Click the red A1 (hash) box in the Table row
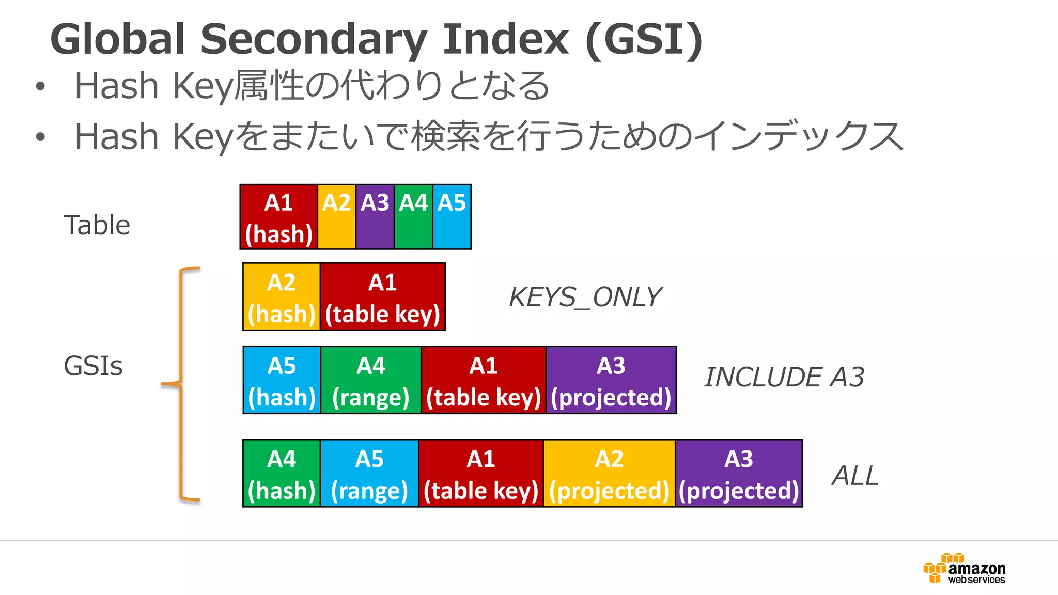pyautogui.click(x=279, y=217)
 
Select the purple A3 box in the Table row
pyautogui.click(x=375, y=217)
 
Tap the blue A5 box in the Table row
pyautogui.click(x=452, y=217)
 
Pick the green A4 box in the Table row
pyautogui.click(x=413, y=217)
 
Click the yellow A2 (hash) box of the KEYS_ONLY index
pyautogui.click(x=282, y=297)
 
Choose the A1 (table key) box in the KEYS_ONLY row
pyautogui.click(x=383, y=297)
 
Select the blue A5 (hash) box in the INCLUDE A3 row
pyautogui.click(x=282, y=381)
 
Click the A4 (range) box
pyautogui.click(x=371, y=381)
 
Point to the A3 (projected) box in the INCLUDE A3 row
pyautogui.click(x=611, y=381)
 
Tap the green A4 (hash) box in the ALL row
pyautogui.click(x=282, y=474)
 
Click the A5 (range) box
pyautogui.click(x=369, y=474)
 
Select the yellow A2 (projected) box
pyautogui.click(x=610, y=474)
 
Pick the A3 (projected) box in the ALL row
pyautogui.click(x=739, y=474)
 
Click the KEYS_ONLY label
pyautogui.click(x=585, y=297)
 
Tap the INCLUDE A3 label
pyautogui.click(x=784, y=377)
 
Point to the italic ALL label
pyautogui.click(x=855, y=476)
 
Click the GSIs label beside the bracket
pyautogui.click(x=93, y=366)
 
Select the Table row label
pyautogui.click(x=97, y=225)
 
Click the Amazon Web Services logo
pyautogui.click(x=964, y=569)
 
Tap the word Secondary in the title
pyautogui.click(x=314, y=40)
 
